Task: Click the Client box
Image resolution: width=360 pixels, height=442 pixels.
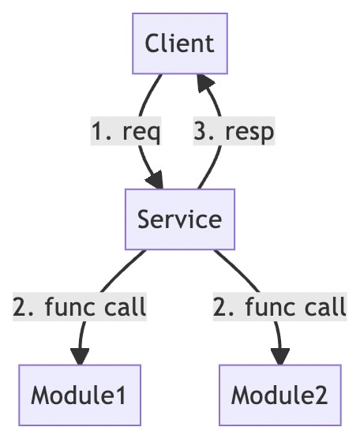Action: (x=180, y=43)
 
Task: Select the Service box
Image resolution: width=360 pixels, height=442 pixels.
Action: (x=180, y=219)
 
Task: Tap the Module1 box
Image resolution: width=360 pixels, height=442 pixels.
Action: (x=80, y=395)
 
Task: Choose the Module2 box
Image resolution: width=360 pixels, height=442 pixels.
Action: (x=280, y=395)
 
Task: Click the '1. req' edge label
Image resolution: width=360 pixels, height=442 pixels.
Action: (x=126, y=131)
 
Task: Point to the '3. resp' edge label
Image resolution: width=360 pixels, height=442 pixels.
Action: (x=234, y=131)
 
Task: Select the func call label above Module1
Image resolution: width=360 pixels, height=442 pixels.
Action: (x=80, y=306)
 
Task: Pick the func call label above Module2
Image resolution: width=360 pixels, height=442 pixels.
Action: (x=279, y=306)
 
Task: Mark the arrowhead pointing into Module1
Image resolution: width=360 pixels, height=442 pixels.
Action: (x=80, y=357)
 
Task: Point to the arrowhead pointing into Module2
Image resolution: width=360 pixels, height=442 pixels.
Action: (x=280, y=357)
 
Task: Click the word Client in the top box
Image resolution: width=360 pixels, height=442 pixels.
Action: (x=179, y=43)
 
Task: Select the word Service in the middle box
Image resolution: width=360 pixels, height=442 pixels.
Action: (x=179, y=219)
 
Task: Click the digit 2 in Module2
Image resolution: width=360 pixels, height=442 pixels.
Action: (x=321, y=395)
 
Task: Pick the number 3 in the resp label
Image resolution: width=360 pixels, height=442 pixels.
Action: (x=201, y=130)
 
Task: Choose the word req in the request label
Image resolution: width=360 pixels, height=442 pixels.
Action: (x=141, y=133)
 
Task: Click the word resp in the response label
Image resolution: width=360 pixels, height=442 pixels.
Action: (x=249, y=133)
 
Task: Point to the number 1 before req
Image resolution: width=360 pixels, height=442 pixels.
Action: (x=98, y=131)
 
